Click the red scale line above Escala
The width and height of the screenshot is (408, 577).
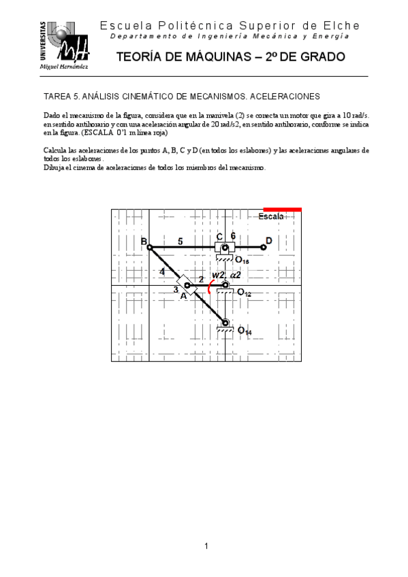tap(282, 210)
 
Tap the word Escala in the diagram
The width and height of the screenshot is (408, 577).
tap(270, 217)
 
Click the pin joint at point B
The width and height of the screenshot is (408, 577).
tap(150, 247)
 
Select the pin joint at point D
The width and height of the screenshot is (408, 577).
tap(262, 247)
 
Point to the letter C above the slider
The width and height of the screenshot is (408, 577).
tap(219, 237)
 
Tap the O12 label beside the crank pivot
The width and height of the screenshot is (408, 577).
tap(244, 293)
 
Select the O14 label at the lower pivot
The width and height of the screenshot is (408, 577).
tap(244, 331)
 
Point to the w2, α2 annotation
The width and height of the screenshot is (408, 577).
tap(225, 275)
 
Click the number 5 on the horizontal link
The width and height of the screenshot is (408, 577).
tap(180, 241)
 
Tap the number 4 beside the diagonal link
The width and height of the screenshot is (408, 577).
tap(162, 271)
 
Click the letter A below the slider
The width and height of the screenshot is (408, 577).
tap(183, 296)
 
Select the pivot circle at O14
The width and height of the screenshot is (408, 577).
tap(225, 323)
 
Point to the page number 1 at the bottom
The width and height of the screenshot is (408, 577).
tap(206, 546)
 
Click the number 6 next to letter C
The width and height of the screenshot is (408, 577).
tap(233, 236)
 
